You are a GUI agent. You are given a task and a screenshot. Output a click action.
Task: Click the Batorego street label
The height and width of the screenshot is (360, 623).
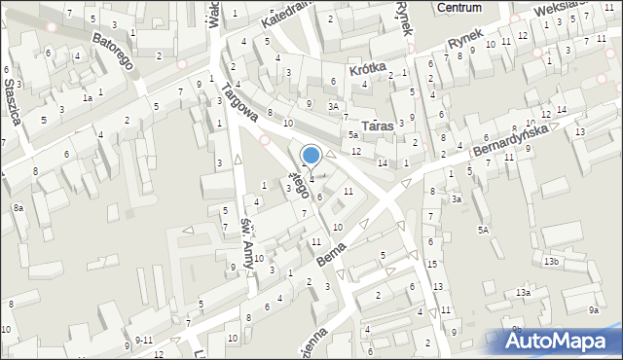pyautogui.click(x=112, y=52)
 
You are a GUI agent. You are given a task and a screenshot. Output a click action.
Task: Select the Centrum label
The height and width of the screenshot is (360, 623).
pyautogui.click(x=460, y=7)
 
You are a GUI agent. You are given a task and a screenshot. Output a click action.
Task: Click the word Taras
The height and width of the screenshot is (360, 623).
pyautogui.click(x=377, y=126)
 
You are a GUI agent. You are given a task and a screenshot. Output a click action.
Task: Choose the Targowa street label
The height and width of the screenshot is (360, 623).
pyautogui.click(x=239, y=101)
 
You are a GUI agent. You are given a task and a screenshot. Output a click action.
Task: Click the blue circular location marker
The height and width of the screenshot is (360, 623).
pyautogui.click(x=311, y=155)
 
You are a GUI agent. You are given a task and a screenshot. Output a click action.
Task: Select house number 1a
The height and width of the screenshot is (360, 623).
pyautogui.click(x=87, y=98)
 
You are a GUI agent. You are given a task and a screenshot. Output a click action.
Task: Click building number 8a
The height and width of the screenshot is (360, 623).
pyautogui.click(x=18, y=208)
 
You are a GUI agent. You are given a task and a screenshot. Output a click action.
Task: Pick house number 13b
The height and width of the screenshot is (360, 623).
pyautogui.click(x=552, y=262)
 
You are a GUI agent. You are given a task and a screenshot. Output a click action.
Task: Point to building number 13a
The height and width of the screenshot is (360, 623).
pyautogui.click(x=524, y=293)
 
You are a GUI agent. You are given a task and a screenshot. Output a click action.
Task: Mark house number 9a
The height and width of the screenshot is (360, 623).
pyautogui.click(x=594, y=309)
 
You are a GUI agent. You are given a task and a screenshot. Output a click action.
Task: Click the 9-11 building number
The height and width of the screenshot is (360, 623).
pyautogui.click(x=144, y=340)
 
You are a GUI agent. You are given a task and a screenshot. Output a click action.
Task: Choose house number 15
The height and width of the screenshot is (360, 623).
pyautogui.click(x=431, y=265)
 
